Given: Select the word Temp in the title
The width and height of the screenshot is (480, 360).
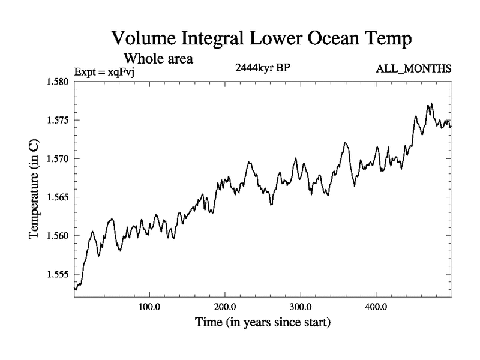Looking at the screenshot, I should [x=389, y=41].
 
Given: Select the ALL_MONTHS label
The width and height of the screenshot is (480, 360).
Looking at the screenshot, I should [x=413, y=69].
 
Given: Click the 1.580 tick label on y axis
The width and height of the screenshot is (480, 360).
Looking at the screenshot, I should [x=58, y=82].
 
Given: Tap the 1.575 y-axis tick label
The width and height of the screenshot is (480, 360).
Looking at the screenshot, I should [x=58, y=120].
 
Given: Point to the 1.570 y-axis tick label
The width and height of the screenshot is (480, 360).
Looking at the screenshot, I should [x=58, y=158].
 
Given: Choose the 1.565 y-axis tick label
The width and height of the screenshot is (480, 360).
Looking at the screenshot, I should [x=58, y=197].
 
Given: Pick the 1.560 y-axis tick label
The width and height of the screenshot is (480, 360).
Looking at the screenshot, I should [x=58, y=235].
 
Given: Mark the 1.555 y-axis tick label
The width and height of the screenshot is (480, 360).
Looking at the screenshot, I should [x=58, y=274].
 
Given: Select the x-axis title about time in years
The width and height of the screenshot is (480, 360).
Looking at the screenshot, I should [x=263, y=322].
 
